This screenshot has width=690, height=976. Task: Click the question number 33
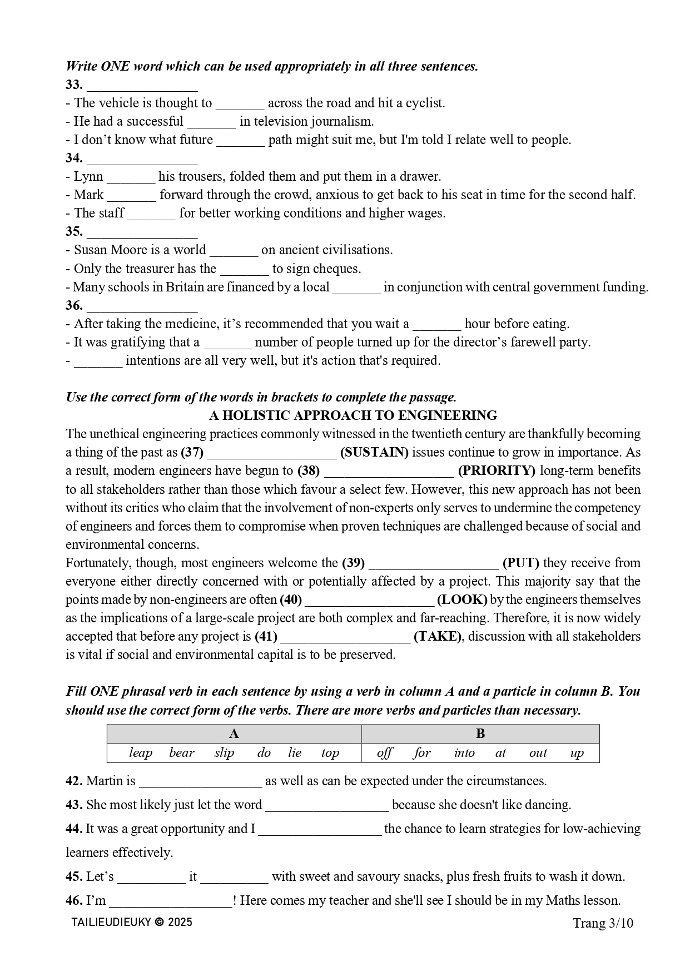click(x=74, y=85)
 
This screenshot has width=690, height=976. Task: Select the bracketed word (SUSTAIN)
click(x=374, y=452)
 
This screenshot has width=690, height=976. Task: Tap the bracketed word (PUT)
click(x=520, y=563)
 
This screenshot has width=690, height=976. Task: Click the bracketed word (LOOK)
click(x=462, y=600)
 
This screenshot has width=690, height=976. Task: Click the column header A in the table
click(x=234, y=734)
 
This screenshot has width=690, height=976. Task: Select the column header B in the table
click(x=480, y=734)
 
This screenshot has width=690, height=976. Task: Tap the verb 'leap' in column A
click(x=140, y=753)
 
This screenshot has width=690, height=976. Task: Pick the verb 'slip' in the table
click(x=224, y=753)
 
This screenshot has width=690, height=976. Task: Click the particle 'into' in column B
click(x=464, y=753)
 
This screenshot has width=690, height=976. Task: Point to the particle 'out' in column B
click(x=538, y=753)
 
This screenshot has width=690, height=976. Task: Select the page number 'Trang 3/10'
click(x=603, y=923)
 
